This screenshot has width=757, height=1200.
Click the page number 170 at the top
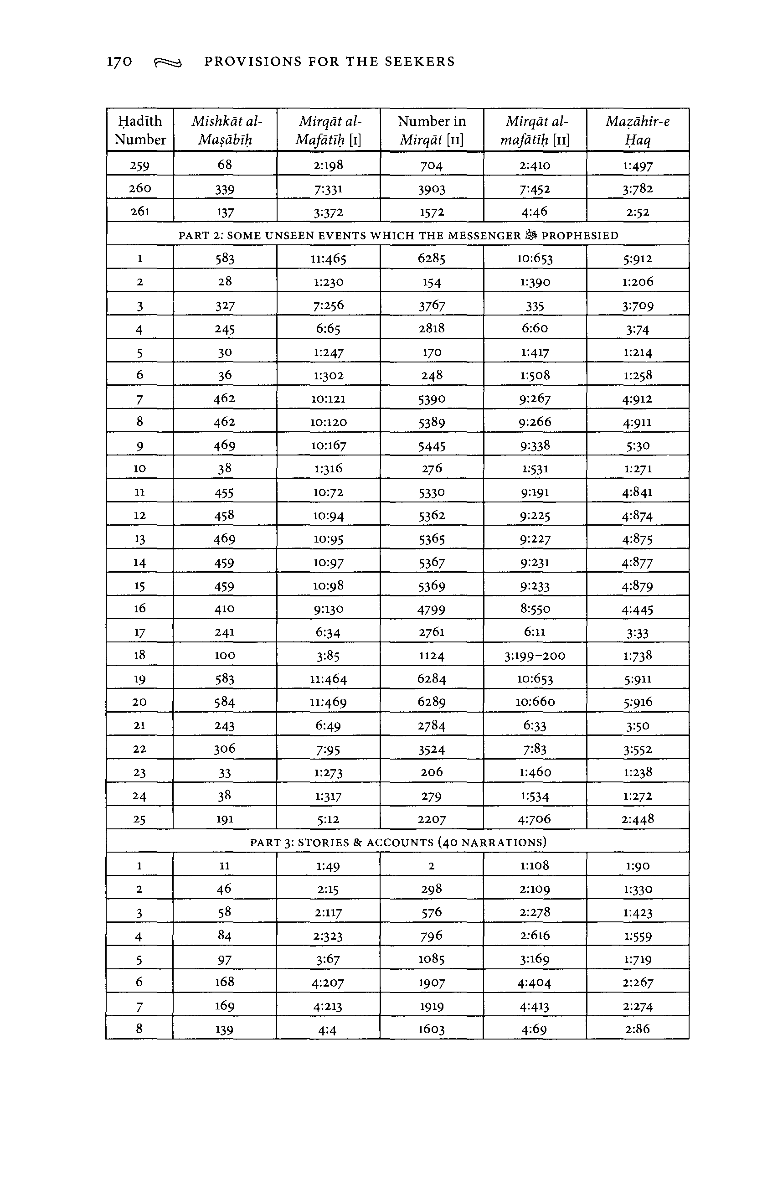(119, 62)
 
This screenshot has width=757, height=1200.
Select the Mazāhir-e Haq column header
(638, 130)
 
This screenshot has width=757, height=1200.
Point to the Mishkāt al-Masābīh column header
(225, 130)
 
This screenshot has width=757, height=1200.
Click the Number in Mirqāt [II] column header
(432, 130)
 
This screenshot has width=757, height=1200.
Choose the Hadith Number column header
(140, 130)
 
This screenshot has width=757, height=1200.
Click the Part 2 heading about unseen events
(398, 236)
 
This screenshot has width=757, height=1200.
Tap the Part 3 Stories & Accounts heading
(398, 842)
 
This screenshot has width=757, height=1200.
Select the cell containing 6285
(432, 258)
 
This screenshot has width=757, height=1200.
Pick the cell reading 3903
(432, 189)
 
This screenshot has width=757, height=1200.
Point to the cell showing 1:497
(638, 166)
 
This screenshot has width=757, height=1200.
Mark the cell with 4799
(432, 609)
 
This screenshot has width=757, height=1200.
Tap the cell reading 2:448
(638, 819)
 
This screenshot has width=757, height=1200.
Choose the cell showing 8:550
(535, 609)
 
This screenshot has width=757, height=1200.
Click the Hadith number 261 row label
(140, 211)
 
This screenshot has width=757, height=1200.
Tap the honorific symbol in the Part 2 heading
(531, 235)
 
